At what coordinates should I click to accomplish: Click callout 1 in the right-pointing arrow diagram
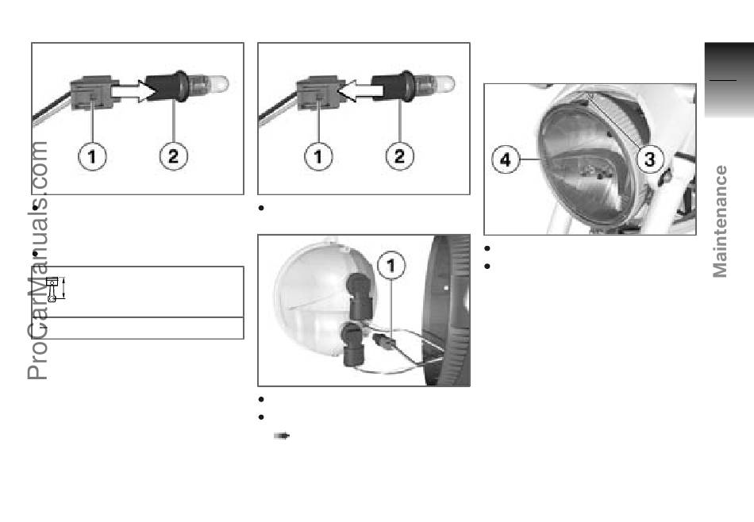pos(92,156)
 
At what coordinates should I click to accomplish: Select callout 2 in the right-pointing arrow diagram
pos(173,155)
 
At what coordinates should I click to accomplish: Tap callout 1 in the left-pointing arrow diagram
pos(318,156)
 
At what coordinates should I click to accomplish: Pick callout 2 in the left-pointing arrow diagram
pos(399,155)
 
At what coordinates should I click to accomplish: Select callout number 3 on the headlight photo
pos(650,159)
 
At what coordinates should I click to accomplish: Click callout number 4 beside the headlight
pos(506,159)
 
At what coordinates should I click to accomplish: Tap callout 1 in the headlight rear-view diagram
pos(391,265)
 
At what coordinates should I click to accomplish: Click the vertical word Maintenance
pos(720,221)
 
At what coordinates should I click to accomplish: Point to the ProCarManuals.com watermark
pos(37,260)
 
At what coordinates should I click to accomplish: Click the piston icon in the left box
pos(54,289)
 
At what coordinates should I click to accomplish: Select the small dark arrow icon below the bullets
pos(282,436)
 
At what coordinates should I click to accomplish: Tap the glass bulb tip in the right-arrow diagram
pos(218,83)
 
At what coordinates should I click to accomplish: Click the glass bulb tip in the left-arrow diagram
pos(444,83)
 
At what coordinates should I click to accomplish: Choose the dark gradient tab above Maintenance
pos(729,79)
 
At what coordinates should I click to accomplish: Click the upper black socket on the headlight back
pos(360,296)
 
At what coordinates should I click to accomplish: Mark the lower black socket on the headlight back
pos(352,344)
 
